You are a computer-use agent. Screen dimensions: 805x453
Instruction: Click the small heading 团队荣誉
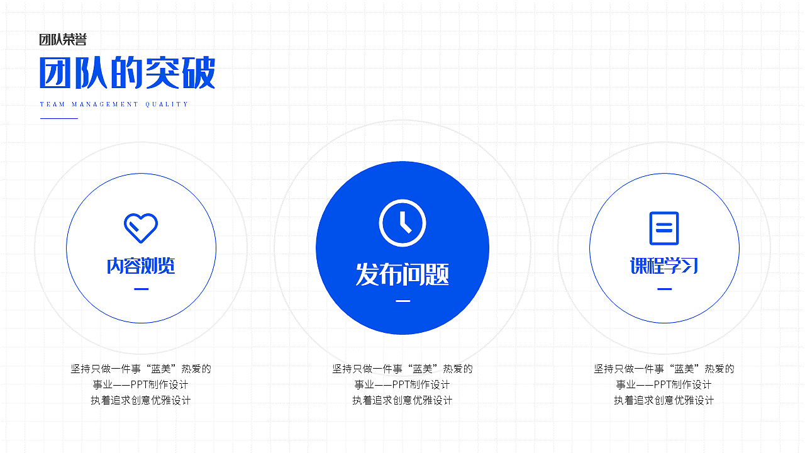click(63, 40)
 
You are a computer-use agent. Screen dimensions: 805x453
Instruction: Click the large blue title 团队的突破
click(127, 73)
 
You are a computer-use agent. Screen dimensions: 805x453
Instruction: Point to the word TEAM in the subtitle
click(52, 104)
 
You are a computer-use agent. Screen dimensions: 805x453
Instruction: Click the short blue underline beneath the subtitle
click(58, 118)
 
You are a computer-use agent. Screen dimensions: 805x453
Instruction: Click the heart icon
click(141, 228)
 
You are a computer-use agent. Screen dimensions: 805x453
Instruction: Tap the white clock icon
click(402, 223)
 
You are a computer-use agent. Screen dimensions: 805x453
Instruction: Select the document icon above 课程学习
click(664, 228)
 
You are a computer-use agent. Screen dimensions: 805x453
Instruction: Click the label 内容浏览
click(141, 266)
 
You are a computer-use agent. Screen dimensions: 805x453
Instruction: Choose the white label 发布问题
click(402, 274)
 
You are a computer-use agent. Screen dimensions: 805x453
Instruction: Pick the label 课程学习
click(664, 266)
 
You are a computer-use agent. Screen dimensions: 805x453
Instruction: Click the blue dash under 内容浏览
click(142, 289)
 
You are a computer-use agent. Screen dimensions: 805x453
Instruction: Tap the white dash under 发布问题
click(402, 301)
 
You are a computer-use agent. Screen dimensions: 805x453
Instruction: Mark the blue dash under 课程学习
click(664, 289)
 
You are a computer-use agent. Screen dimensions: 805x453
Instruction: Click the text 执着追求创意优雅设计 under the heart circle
click(141, 400)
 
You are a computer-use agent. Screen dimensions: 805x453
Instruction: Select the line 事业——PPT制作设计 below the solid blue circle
click(402, 384)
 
